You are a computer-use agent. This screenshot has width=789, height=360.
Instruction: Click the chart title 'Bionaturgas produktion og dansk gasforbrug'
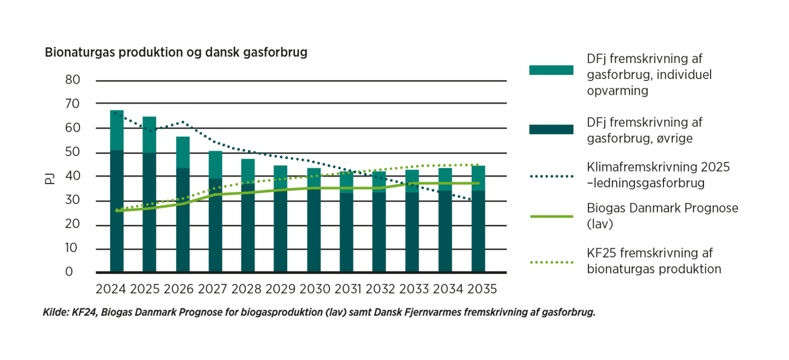pyautogui.click(x=176, y=53)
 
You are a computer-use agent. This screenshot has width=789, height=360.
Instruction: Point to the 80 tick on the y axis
pyautogui.click(x=73, y=80)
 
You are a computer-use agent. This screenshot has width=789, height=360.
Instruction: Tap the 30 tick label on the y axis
pyautogui.click(x=73, y=201)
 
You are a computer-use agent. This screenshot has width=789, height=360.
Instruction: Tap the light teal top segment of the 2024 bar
pyautogui.click(x=117, y=131)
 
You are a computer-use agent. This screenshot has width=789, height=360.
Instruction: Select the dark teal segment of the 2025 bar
pyautogui.click(x=149, y=211)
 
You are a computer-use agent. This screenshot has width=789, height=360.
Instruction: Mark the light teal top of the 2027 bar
pyautogui.click(x=216, y=164)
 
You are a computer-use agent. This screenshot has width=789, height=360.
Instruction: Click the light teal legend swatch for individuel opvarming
pyautogui.click(x=551, y=70)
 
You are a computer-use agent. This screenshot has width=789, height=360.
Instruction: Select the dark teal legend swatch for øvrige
pyautogui.click(x=551, y=129)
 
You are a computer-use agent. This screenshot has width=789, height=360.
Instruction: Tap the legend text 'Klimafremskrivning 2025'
pyautogui.click(x=658, y=167)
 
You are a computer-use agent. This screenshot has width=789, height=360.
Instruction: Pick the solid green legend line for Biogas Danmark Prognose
pyautogui.click(x=551, y=216)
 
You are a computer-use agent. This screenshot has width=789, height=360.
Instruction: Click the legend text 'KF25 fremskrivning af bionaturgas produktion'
pyautogui.click(x=654, y=261)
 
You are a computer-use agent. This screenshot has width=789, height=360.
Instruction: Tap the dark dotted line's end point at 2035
pyautogui.click(x=472, y=200)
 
